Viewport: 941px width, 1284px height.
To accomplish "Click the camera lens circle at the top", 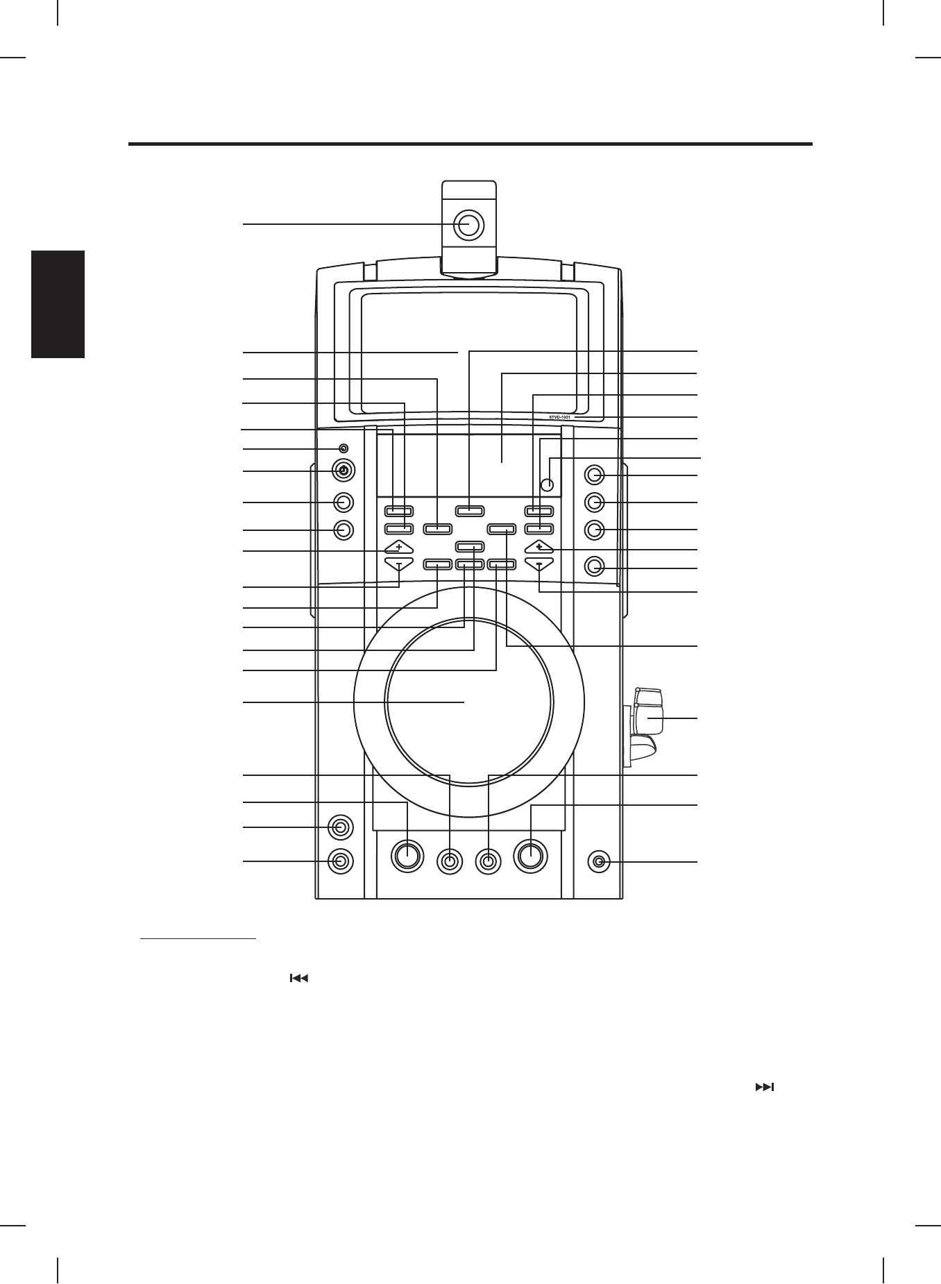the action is coord(468,224).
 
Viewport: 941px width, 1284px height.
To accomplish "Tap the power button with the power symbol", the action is coord(343,471).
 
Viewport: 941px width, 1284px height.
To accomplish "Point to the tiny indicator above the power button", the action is coord(343,448).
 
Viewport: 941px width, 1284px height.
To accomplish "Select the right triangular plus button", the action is coord(539,547).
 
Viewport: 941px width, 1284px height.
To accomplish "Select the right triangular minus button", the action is coord(539,564).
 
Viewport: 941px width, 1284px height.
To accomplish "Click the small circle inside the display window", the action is coord(548,484).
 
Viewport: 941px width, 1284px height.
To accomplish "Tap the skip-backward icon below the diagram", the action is coord(298,978).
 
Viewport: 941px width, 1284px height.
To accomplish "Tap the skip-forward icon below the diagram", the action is coord(763,1087).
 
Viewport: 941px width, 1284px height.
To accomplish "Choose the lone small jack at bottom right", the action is coord(600,862).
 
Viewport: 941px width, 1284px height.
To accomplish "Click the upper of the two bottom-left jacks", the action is coord(339,827).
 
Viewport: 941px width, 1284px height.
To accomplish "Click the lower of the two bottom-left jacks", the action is coord(339,861).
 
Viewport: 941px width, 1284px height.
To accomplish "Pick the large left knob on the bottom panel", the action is coord(407,855).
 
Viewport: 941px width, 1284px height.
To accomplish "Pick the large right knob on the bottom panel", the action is coord(531,854).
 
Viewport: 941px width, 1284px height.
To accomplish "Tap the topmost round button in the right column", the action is coord(594,475).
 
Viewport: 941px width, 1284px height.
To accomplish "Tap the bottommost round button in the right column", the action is coord(594,567).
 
